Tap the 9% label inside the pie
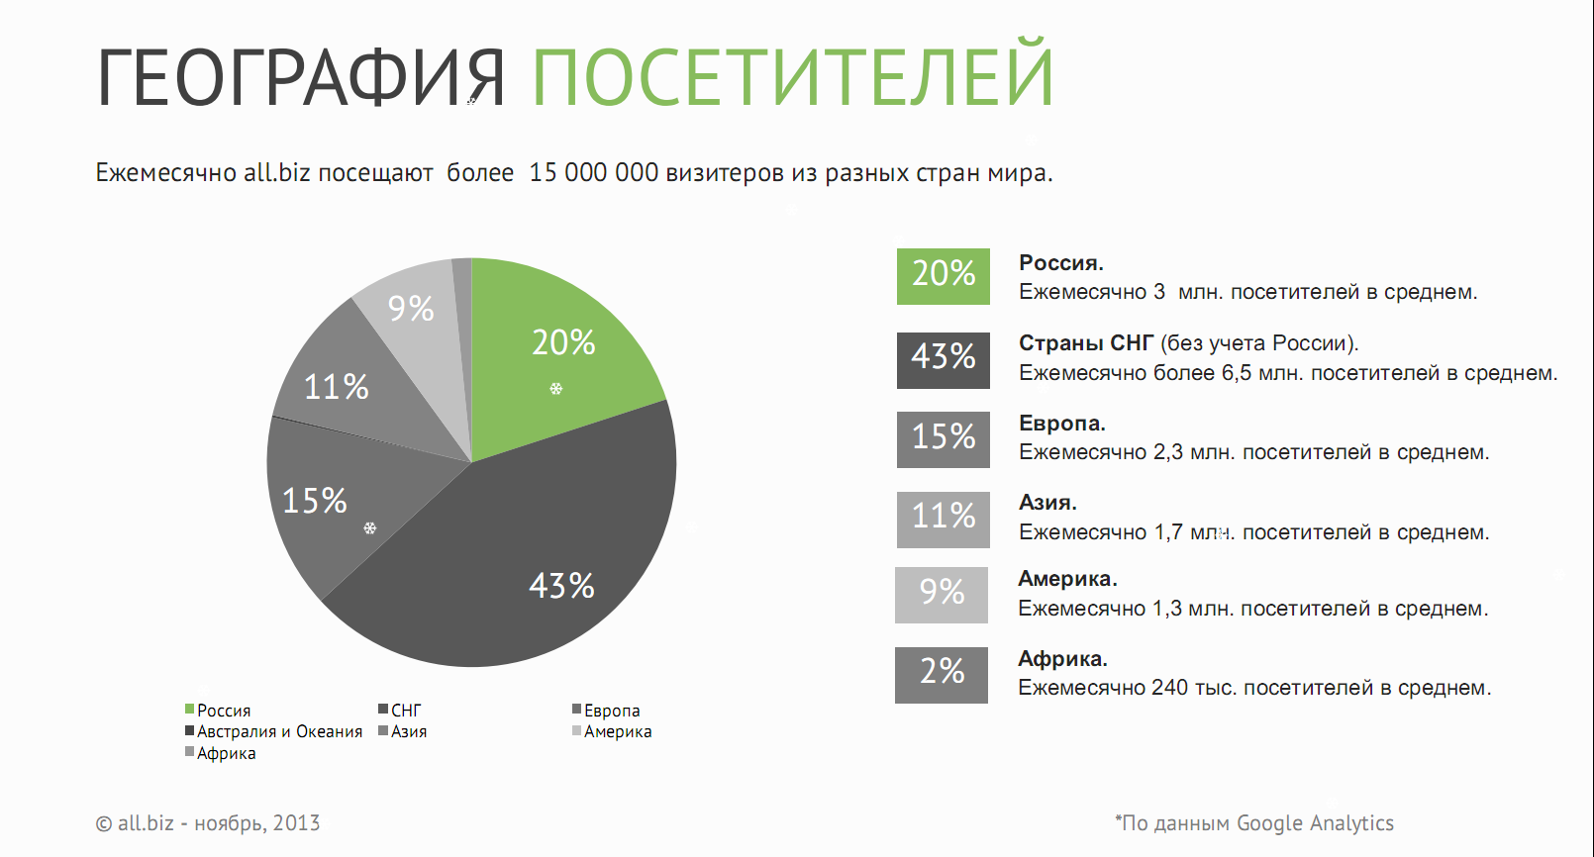coord(411,309)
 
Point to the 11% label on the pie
coord(336,388)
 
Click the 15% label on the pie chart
coord(315,501)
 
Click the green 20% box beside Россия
coord(943,277)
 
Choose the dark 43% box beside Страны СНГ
coord(943,360)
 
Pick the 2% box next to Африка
coord(942,675)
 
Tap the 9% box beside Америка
coord(942,596)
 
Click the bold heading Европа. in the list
coord(1061,424)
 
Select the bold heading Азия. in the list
coord(1047,503)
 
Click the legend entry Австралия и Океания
coord(274,731)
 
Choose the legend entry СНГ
coord(400,710)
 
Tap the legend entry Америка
coord(612,731)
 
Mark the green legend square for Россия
coord(189,710)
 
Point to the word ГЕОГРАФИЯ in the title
coord(300,77)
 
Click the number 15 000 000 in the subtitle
coord(593,173)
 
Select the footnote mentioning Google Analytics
coord(1253,823)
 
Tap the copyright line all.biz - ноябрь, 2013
coord(208,823)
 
